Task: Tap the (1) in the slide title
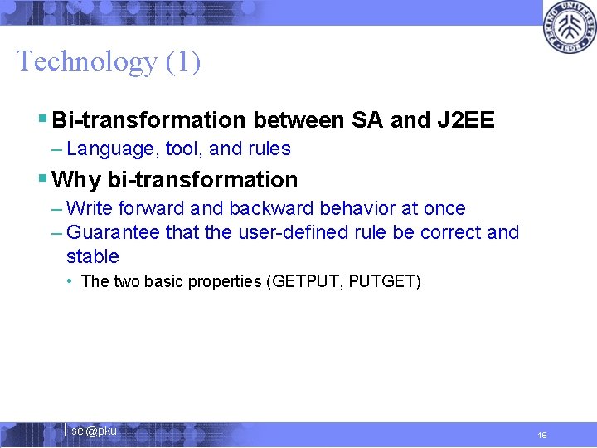point(182,61)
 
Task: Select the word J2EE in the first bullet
point(465,120)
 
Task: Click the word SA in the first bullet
point(367,120)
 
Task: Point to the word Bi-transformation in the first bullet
point(148,120)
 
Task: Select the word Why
point(77,180)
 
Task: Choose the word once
point(444,208)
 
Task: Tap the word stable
point(92,256)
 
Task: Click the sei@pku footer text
point(94,431)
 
